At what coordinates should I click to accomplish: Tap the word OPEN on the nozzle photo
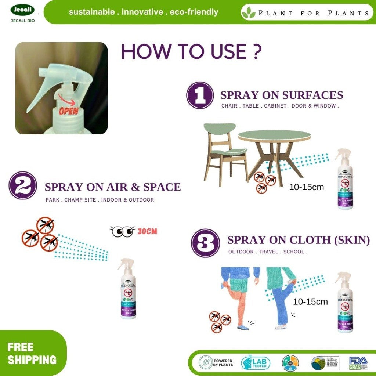[69, 111]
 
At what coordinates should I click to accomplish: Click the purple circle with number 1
[200, 95]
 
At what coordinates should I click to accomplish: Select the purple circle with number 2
[23, 186]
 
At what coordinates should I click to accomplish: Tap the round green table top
[274, 135]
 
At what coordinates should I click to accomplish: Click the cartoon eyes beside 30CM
[122, 231]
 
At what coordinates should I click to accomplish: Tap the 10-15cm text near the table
[307, 187]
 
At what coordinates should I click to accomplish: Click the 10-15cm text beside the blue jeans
[310, 302]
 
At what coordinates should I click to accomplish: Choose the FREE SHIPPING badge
[32, 353]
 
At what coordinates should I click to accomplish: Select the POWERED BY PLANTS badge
[216, 363]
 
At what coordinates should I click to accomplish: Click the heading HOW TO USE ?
[191, 52]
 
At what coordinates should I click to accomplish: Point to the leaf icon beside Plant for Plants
[249, 13]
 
